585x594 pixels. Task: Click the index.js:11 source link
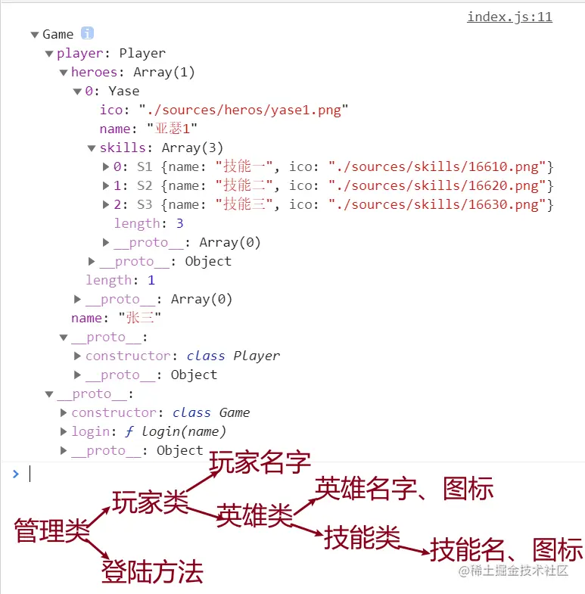pos(509,17)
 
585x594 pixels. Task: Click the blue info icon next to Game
pos(88,34)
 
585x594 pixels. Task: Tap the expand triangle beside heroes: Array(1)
pos(64,73)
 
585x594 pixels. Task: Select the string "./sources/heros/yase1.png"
pos(243,110)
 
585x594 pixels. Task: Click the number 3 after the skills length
pos(179,224)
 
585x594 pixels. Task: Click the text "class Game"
pos(211,413)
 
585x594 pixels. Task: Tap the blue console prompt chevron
pos(15,474)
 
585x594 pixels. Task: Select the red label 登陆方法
pos(152,572)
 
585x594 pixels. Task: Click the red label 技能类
pos(362,538)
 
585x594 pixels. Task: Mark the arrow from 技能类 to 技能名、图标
pos(414,549)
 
